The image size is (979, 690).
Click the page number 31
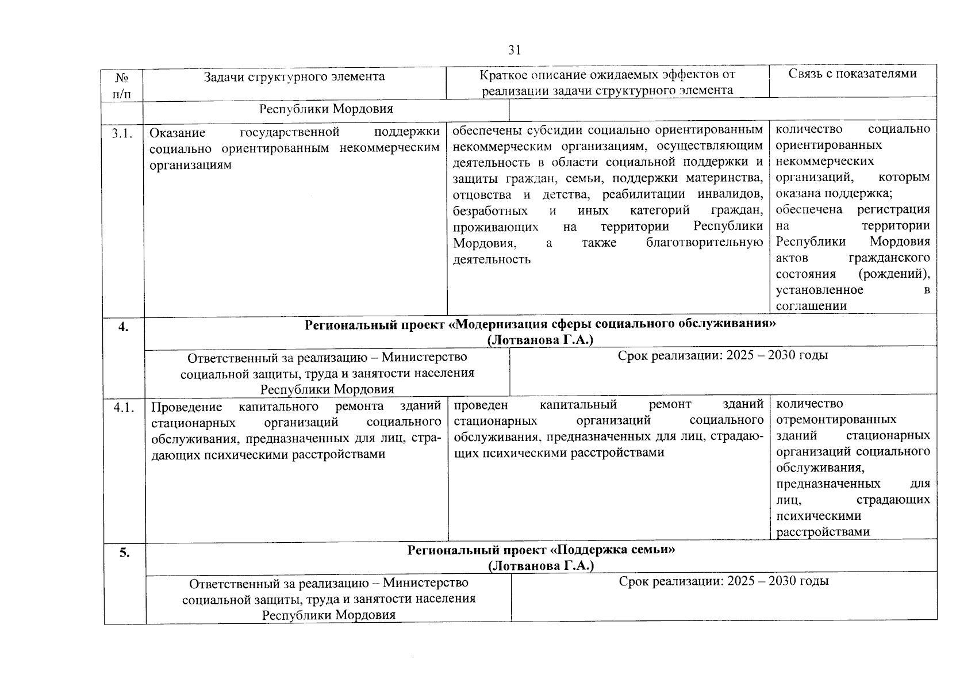(x=514, y=50)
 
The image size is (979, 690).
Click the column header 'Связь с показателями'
(x=852, y=73)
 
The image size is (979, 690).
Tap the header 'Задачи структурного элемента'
(x=294, y=76)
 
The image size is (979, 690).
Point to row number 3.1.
(x=123, y=133)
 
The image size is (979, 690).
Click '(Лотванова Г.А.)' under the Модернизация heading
(x=540, y=340)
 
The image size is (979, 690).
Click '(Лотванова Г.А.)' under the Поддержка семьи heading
(x=540, y=566)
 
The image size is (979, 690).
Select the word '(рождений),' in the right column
(x=894, y=274)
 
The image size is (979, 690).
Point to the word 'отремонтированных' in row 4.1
(x=836, y=419)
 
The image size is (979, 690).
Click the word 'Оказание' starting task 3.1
(x=177, y=133)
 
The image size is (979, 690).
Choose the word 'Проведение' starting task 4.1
(x=186, y=407)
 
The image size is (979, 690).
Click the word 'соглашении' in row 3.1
(x=811, y=306)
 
